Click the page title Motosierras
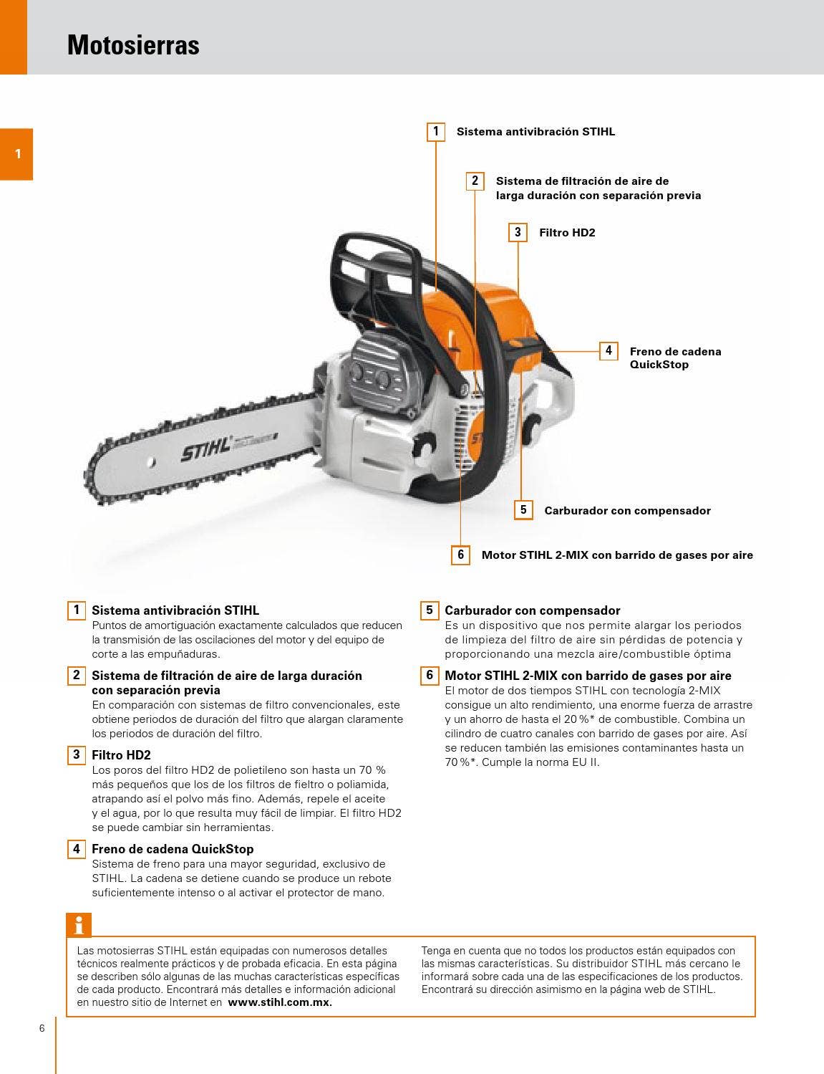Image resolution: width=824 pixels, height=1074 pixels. [x=133, y=45]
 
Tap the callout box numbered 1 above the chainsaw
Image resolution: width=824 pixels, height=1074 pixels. [x=435, y=132]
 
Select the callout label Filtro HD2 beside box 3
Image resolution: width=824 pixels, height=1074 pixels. [x=566, y=233]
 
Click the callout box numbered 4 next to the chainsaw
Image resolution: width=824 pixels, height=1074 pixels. [x=609, y=351]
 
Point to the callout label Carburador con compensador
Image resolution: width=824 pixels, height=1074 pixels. [x=627, y=511]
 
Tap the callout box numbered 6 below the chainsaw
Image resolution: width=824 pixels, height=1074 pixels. [x=460, y=555]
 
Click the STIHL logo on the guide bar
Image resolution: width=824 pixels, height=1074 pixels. [x=206, y=450]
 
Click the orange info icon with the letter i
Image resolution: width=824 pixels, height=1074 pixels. [x=79, y=925]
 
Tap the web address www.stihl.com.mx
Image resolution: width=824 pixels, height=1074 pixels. [x=280, y=1002]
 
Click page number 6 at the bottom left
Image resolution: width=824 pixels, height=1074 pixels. [x=42, y=1028]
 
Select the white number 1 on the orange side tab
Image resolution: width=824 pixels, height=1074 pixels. [x=18, y=154]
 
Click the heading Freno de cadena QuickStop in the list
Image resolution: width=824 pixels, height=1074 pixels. [x=173, y=849]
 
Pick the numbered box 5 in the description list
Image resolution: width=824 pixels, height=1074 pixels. [x=430, y=610]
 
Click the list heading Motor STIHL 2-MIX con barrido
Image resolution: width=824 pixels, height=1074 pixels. [x=588, y=676]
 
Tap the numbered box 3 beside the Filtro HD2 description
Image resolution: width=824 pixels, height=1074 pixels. [x=77, y=754]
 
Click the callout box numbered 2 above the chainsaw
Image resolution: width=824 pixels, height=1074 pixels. [x=475, y=181]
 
